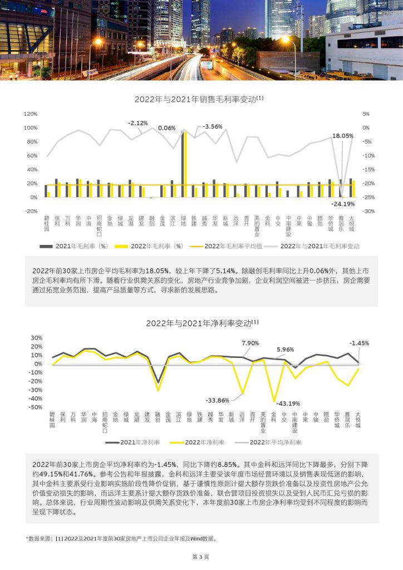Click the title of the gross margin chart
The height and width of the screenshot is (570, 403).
199,99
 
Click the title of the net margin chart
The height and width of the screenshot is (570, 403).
202,323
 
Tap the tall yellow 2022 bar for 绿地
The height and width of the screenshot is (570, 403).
185,164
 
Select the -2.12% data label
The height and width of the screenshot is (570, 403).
137,123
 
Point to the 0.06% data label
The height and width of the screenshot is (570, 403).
167,128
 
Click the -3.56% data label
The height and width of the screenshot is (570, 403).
212,126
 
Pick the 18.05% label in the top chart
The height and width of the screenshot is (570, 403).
343,136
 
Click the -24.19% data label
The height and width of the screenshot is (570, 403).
343,204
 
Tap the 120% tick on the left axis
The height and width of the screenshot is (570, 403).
31,114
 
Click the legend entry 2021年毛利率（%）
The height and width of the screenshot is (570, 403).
74,246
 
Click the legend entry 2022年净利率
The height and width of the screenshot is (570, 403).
197,442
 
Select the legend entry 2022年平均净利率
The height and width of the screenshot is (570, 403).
268,442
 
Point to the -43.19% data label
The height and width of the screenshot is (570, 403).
288,404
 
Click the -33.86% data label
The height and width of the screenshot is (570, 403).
217,400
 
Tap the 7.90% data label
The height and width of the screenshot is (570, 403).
250,343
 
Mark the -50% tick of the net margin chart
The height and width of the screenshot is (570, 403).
36,407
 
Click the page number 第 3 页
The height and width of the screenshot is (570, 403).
200,557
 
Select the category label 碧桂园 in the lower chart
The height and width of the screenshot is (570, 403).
52,420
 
